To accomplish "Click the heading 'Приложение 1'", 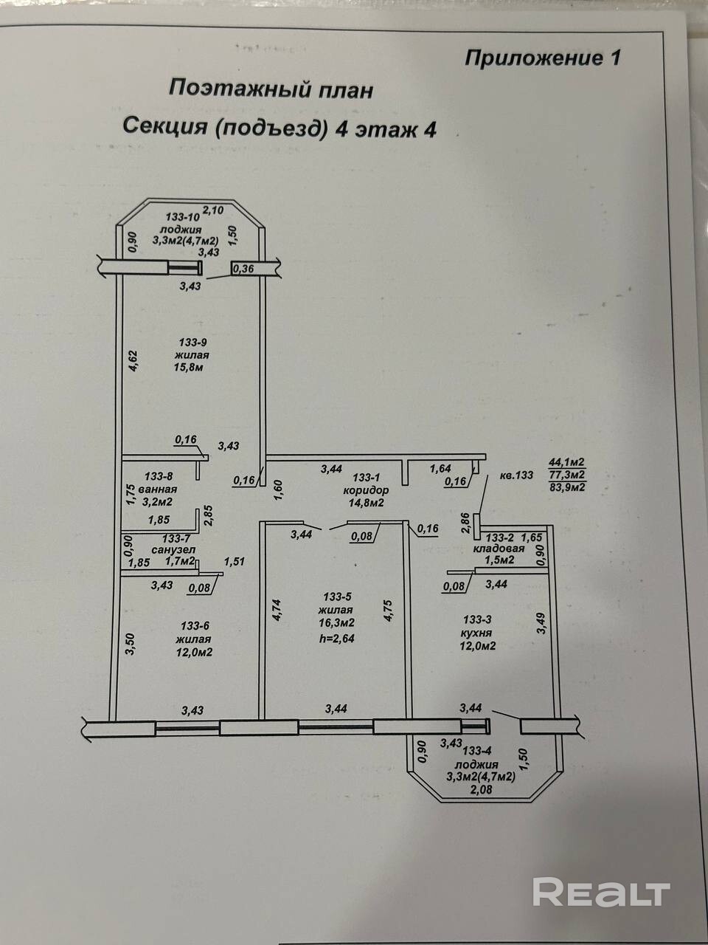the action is point(543,58).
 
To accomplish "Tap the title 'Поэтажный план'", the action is point(271,90).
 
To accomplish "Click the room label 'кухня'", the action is point(476,633).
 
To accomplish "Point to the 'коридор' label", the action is point(366,490).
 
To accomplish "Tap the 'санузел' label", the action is point(173,550).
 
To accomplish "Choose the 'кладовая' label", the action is point(499,549).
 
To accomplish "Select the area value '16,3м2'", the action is point(336,622).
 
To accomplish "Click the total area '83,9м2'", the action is point(567,487).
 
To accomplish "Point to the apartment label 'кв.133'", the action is point(516,475).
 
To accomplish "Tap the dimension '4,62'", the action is point(133,361).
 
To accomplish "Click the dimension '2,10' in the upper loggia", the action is point(213,210).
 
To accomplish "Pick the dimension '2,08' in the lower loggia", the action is point(482,789).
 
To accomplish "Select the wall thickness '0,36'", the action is point(243,269).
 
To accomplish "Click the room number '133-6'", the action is point(195,625).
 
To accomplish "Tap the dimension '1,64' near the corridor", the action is point(440,468).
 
